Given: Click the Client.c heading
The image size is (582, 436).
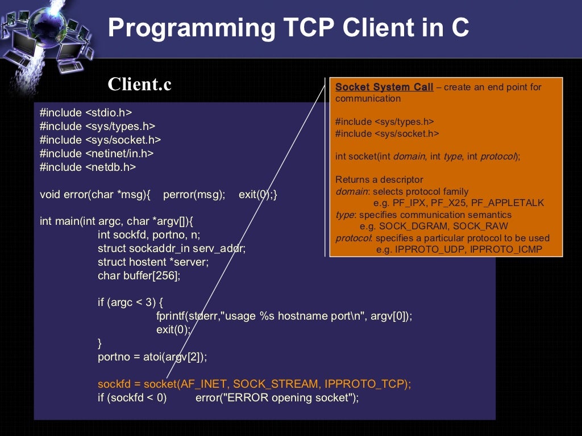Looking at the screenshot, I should (x=139, y=84).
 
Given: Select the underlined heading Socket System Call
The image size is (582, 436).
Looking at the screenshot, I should (x=384, y=87).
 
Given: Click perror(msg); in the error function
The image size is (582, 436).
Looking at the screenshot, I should (x=194, y=194).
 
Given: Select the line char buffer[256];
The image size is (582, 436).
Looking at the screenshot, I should (x=139, y=275).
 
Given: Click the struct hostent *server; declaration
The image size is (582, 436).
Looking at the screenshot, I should (x=153, y=262).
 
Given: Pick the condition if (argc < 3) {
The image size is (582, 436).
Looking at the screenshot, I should (x=130, y=302).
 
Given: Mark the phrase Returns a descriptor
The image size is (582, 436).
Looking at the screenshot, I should (x=379, y=179).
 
